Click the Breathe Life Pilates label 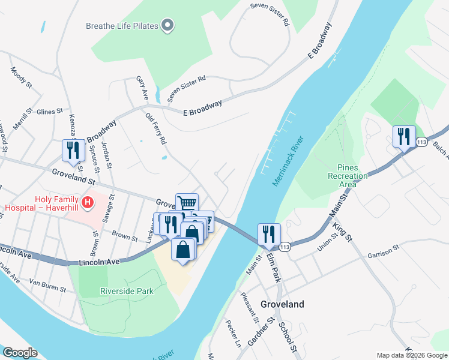(x=122, y=26)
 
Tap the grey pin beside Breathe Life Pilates (x=167, y=25)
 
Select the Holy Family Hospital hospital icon (x=88, y=203)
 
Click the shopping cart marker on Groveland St (x=187, y=204)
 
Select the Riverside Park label (x=126, y=292)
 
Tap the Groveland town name (x=282, y=304)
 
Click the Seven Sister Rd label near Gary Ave (x=187, y=88)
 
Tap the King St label (x=340, y=229)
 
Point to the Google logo (x=20, y=353)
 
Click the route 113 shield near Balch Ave (x=421, y=142)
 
